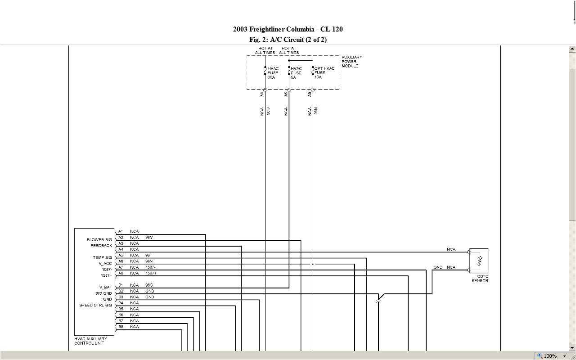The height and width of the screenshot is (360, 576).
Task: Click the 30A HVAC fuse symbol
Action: click(x=265, y=72)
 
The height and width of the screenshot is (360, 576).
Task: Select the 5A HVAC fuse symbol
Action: click(x=289, y=72)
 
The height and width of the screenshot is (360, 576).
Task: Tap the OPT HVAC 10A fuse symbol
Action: click(x=313, y=72)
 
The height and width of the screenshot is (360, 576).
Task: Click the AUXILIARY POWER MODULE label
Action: click(x=351, y=62)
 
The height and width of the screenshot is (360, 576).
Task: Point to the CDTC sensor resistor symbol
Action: click(x=480, y=261)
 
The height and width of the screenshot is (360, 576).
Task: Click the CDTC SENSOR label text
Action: click(x=480, y=279)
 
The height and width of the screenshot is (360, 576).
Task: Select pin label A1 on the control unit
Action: click(x=121, y=231)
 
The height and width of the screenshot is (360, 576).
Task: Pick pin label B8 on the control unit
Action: click(x=121, y=327)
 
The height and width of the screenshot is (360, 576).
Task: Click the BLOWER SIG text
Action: click(x=99, y=240)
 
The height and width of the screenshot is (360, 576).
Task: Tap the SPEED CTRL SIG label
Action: click(x=95, y=305)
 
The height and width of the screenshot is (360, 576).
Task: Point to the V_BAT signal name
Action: click(x=105, y=287)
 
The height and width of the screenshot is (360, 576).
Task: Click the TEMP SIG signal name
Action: click(x=102, y=257)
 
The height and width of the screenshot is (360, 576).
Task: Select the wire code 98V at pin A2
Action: click(x=149, y=237)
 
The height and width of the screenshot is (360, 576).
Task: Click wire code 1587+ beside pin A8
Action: click(x=151, y=273)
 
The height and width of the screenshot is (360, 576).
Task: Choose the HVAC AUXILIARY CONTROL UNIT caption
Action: click(x=90, y=341)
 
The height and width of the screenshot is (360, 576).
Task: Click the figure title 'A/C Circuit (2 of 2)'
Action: click(x=288, y=40)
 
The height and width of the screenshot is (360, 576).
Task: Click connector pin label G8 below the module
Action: click(x=310, y=94)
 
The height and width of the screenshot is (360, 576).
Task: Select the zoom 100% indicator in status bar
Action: click(x=550, y=356)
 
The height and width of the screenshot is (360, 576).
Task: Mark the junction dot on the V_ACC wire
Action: click(x=313, y=264)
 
